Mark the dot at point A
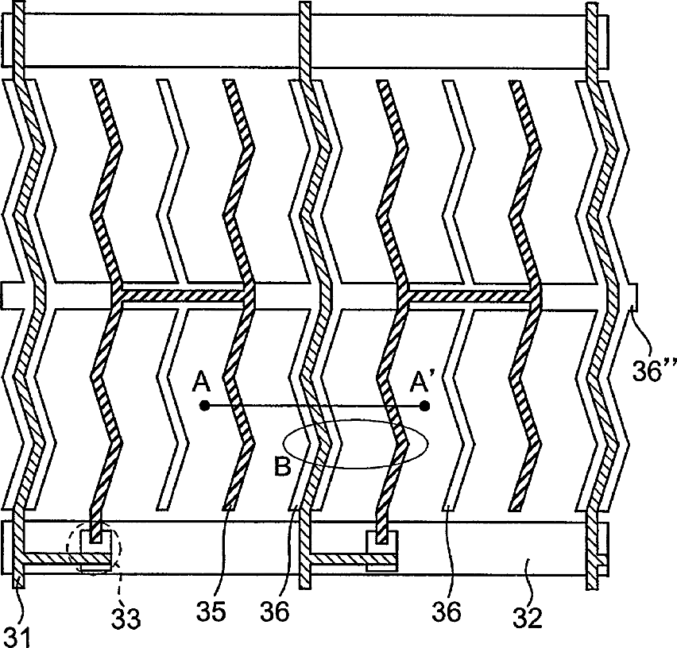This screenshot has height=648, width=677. click(204, 406)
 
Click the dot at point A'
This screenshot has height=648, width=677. click(425, 406)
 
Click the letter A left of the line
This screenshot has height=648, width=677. click(201, 384)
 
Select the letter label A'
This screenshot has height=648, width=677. click(421, 383)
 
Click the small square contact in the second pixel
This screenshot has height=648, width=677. click(382, 539)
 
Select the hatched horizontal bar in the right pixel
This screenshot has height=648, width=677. click(469, 295)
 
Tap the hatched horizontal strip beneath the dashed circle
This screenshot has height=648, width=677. click(72, 561)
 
